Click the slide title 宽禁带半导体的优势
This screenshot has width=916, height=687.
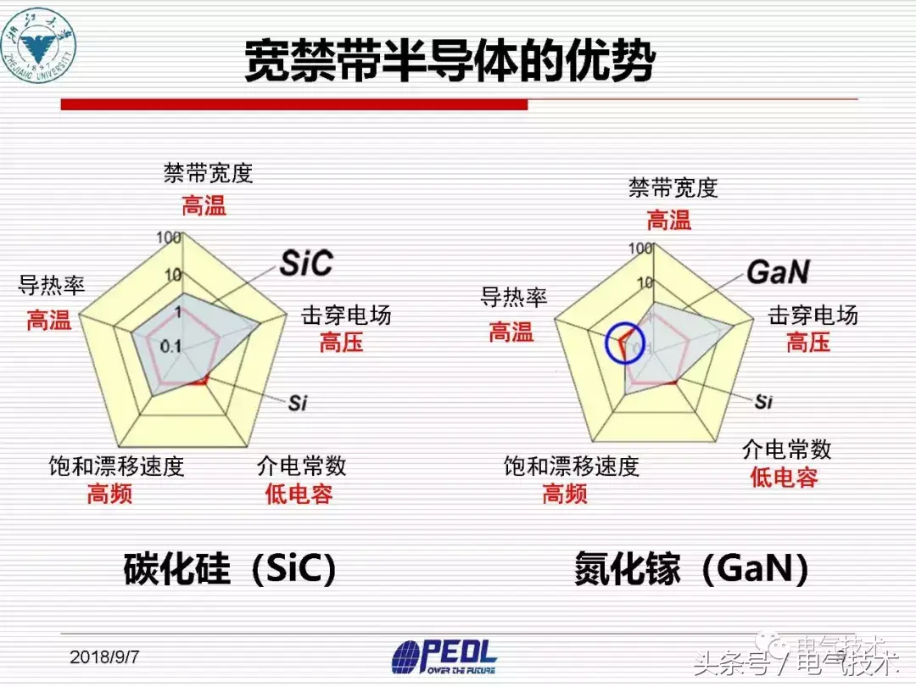click(x=450, y=61)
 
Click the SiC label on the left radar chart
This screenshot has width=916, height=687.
click(x=306, y=263)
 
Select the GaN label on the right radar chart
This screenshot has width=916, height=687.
click(x=778, y=271)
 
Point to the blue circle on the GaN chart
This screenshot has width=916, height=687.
click(x=625, y=343)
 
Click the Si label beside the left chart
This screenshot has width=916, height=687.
click(x=297, y=403)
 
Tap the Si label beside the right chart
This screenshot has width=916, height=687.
click(x=763, y=401)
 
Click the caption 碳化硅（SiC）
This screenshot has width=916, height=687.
click(x=230, y=568)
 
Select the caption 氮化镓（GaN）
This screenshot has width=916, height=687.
click(x=691, y=570)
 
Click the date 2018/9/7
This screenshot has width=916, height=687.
click(x=105, y=657)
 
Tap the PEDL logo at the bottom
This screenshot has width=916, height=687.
click(x=444, y=656)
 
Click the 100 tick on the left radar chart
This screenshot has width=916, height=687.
click(x=169, y=237)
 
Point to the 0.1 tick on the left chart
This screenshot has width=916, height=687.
click(x=170, y=345)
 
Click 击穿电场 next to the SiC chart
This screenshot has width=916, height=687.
click(x=346, y=316)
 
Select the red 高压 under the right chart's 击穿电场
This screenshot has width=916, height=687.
click(x=807, y=342)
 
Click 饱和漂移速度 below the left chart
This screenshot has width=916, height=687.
click(x=116, y=466)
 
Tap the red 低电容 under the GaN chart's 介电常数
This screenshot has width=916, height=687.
click(x=784, y=477)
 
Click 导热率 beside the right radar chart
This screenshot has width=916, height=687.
click(x=514, y=297)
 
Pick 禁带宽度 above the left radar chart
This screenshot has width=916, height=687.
click(x=208, y=174)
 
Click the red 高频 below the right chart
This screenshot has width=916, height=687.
click(x=565, y=493)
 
